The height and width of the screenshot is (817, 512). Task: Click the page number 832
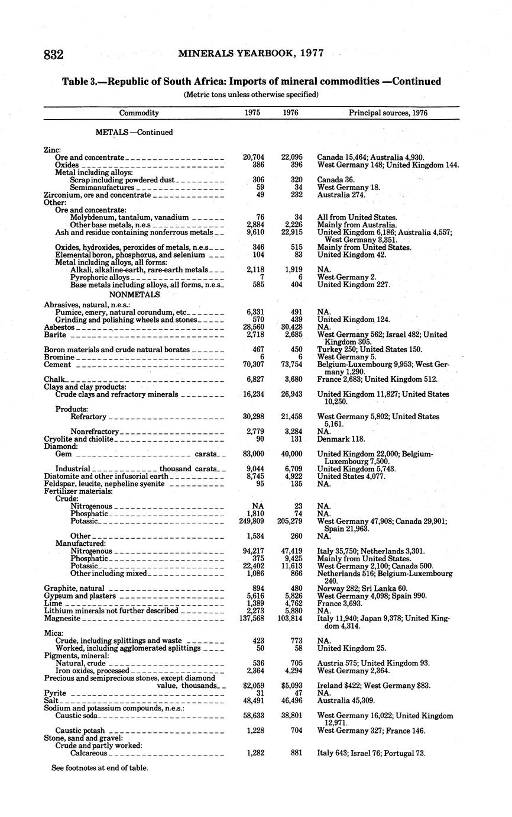[53, 54]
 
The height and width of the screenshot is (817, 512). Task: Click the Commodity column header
[139, 112]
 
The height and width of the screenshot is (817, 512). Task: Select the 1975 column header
[252, 112]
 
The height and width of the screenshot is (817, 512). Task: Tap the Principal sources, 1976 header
[388, 112]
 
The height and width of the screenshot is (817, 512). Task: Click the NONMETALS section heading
[134, 294]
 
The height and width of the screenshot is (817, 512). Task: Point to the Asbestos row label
[59, 327]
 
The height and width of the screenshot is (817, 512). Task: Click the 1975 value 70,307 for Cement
[254, 365]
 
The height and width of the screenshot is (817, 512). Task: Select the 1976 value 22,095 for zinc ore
[290, 157]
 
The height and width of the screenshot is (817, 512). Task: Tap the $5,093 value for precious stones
[290, 686]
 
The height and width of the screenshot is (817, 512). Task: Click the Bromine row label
[59, 357]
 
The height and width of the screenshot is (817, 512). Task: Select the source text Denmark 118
[341, 439]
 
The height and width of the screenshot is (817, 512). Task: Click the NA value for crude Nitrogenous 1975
[257, 506]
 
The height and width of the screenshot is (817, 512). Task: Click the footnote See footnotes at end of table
[99, 768]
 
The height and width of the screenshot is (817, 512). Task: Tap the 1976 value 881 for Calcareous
[294, 753]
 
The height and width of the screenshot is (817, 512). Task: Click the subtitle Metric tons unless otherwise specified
[251, 94]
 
